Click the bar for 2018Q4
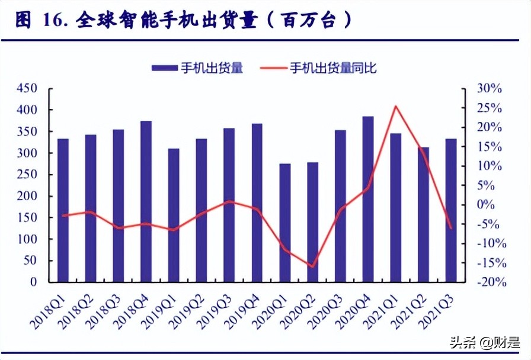(x=146, y=201)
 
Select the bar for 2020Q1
(x=285, y=223)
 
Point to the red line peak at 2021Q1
(x=395, y=107)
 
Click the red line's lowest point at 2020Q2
(x=312, y=267)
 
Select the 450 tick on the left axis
(x=27, y=89)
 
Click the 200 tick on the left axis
(x=27, y=197)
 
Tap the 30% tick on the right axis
(x=490, y=89)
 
